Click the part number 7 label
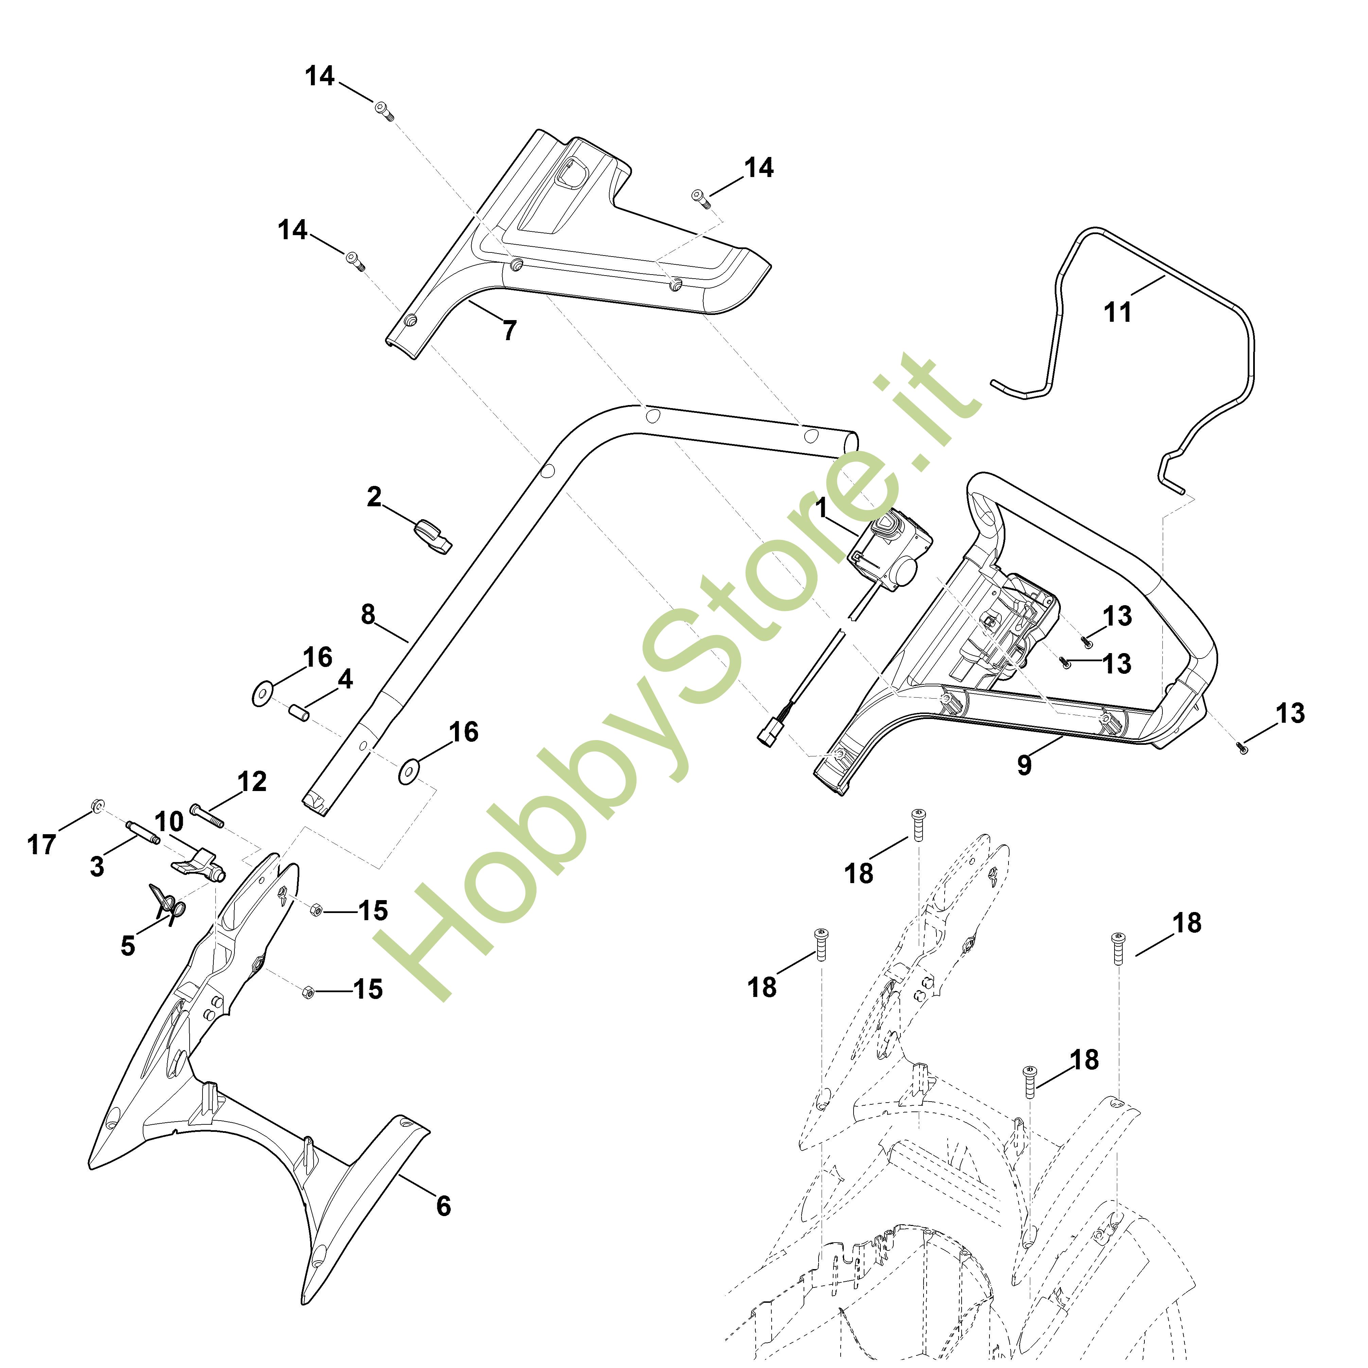[x=510, y=330]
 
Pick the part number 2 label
[x=374, y=497]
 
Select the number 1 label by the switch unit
[x=821, y=508]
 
